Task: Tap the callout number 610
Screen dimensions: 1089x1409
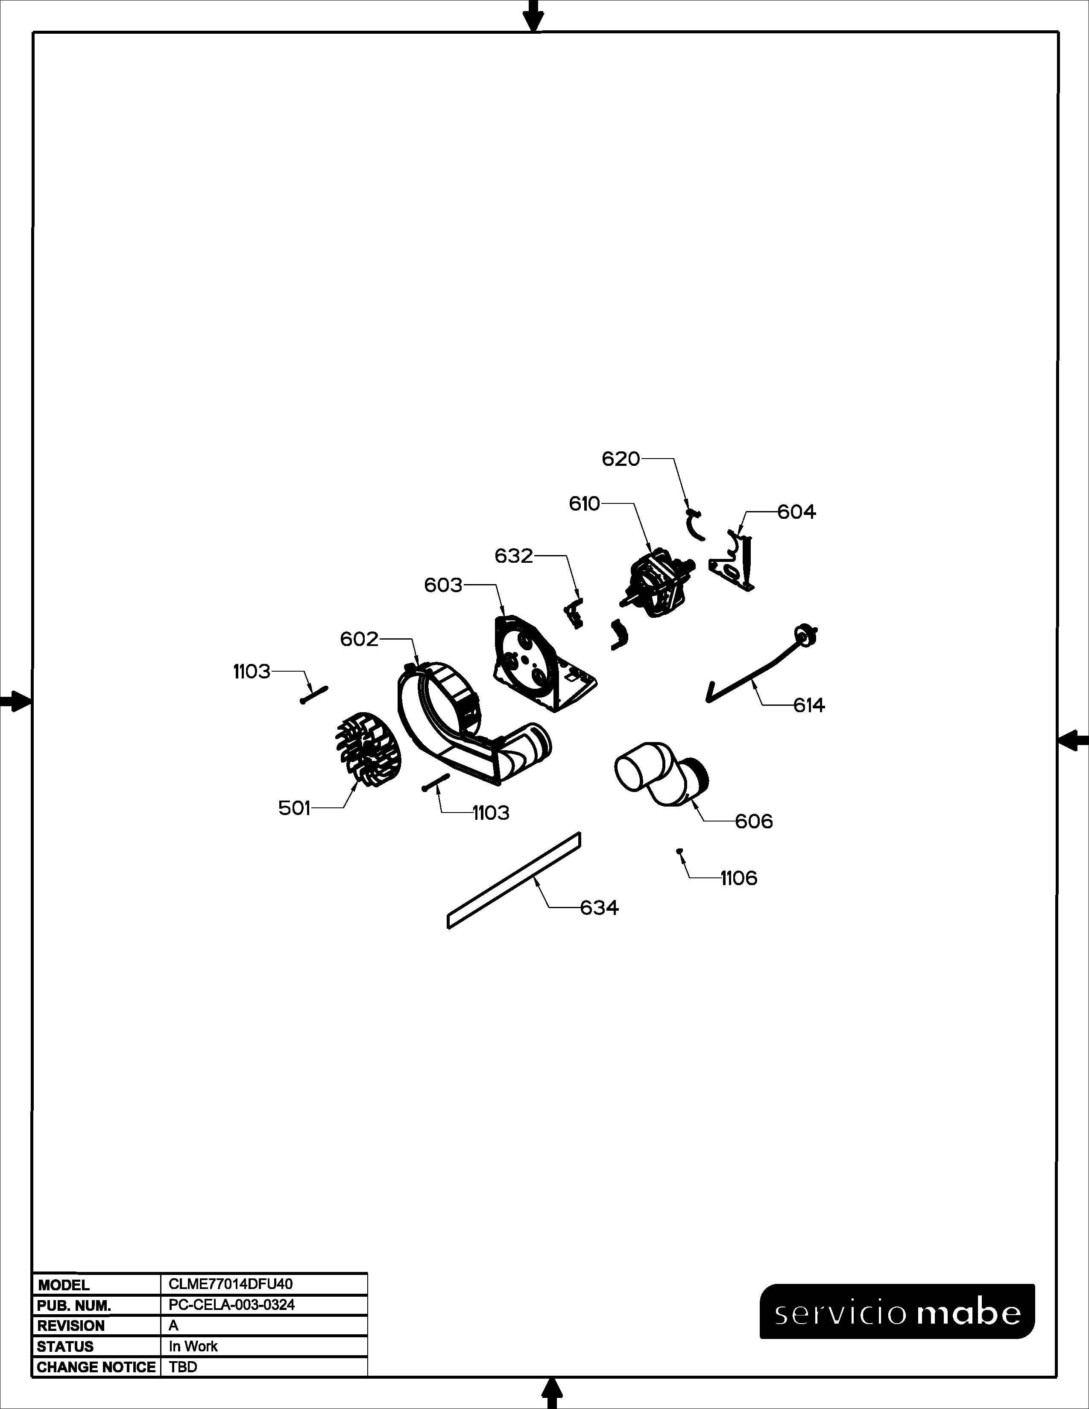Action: click(x=585, y=503)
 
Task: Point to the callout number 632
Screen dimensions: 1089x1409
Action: click(x=514, y=555)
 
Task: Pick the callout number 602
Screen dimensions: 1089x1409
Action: click(x=359, y=639)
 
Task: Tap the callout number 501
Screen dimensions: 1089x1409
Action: click(x=294, y=808)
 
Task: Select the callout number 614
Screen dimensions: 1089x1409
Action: click(x=809, y=705)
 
